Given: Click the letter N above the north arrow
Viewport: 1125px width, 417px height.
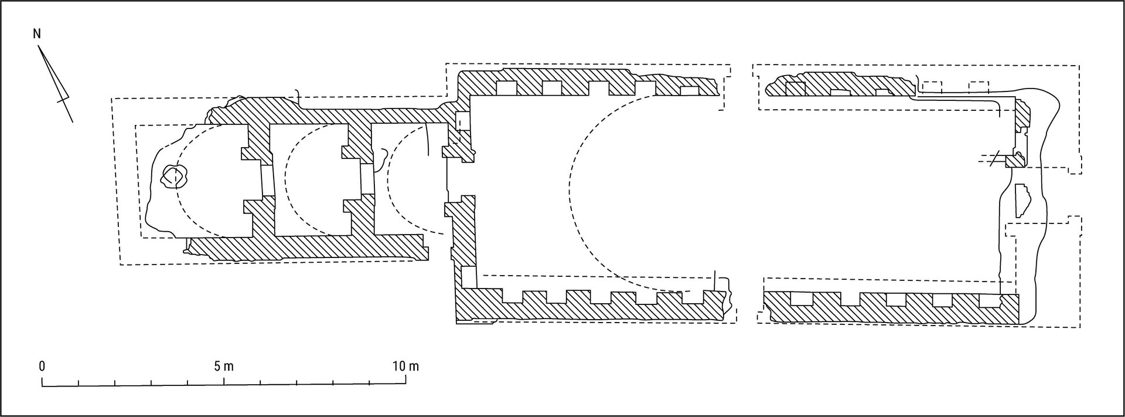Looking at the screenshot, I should coord(37,34).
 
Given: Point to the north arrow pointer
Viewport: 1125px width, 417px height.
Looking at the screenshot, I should coord(56,82).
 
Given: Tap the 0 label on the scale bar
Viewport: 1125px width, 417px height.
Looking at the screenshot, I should coord(42,367).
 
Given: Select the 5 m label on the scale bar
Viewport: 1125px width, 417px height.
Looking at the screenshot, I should coord(224,367).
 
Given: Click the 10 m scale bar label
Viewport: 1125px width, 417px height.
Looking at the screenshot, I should coord(406,367).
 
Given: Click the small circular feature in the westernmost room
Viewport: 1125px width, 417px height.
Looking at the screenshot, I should coord(174,175).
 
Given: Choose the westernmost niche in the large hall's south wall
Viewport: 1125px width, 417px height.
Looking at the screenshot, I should coord(513,297).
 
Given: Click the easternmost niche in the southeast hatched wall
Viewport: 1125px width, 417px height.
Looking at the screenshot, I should coord(990,301).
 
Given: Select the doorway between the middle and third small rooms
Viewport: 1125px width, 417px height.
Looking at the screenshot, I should coord(366,179).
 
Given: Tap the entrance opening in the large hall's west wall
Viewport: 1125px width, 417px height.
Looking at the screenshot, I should coord(460,179).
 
